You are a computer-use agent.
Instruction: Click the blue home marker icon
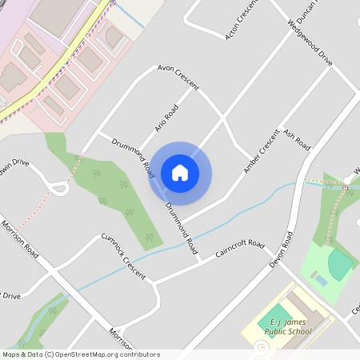coord(180,173)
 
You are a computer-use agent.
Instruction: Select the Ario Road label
coord(165,118)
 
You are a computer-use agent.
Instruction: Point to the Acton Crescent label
coord(241,19)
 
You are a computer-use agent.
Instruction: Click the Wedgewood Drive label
coord(309,44)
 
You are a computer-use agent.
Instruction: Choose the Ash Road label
coord(297,141)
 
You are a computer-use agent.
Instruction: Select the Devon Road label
coord(283,250)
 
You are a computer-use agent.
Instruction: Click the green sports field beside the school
coord(275,314)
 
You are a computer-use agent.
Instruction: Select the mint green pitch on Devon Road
coord(341,263)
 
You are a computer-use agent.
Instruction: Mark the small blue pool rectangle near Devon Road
coord(320,280)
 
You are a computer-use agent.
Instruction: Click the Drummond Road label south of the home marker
coord(182,227)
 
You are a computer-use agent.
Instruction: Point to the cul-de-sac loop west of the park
coord(58,189)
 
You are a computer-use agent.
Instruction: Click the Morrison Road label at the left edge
coord(20,238)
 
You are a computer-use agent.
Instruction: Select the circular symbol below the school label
coord(260,347)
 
